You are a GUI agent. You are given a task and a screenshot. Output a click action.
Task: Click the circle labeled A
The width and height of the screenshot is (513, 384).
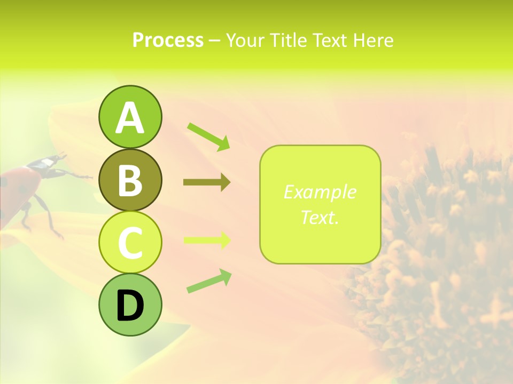[130, 117]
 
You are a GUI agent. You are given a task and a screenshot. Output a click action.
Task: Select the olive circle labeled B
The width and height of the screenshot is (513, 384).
[130, 180]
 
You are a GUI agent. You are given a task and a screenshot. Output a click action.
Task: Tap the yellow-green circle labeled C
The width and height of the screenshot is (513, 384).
[130, 242]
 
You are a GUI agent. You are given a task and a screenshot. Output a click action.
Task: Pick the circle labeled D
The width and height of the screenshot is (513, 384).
[130, 305]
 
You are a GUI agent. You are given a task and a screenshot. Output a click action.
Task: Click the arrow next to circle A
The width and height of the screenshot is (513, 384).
[209, 137]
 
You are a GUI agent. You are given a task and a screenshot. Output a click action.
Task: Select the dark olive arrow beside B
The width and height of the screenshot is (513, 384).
[207, 182]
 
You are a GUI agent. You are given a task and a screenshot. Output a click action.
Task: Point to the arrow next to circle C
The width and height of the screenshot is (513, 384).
[207, 240]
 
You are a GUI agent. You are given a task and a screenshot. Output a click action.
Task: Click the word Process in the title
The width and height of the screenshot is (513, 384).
[168, 41]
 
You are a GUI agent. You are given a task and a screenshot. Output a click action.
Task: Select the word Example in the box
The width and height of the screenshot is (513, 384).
[320, 192]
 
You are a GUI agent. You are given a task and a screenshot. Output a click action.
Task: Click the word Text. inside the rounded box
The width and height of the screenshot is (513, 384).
[320, 217]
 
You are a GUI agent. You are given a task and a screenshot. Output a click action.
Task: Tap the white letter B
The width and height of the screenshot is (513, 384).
[130, 180]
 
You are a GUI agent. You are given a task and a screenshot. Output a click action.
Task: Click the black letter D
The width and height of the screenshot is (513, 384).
[130, 305]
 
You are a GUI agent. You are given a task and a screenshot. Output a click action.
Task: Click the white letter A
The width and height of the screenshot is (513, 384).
[130, 118]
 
